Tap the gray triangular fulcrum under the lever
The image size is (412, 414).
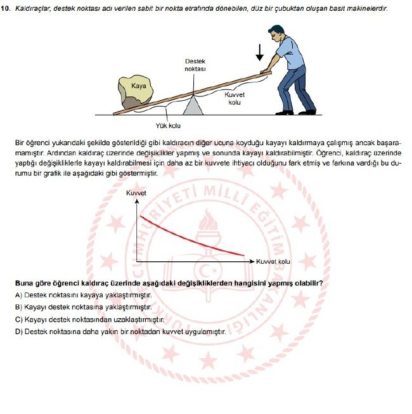click(195, 105)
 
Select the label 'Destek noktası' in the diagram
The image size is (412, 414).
click(195, 65)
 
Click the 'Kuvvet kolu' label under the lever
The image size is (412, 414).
click(234, 98)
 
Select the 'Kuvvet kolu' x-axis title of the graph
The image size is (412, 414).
click(273, 261)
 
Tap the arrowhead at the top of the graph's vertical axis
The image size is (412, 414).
click(136, 202)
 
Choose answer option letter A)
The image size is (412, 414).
click(18, 295)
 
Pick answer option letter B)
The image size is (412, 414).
click(18, 307)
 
